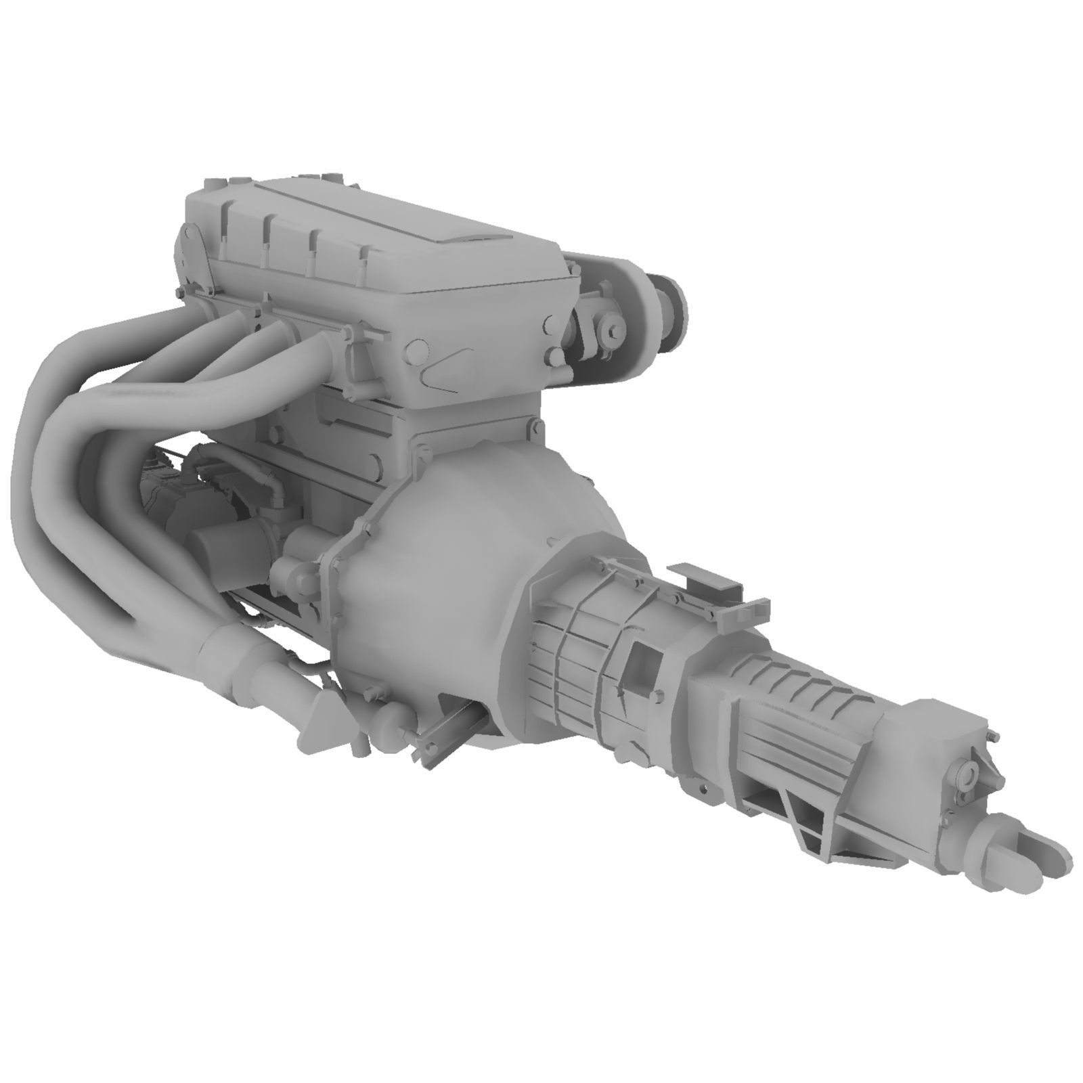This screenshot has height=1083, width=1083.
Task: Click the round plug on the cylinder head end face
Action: click(419, 352)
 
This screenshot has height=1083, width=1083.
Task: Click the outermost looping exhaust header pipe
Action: click(47, 474)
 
